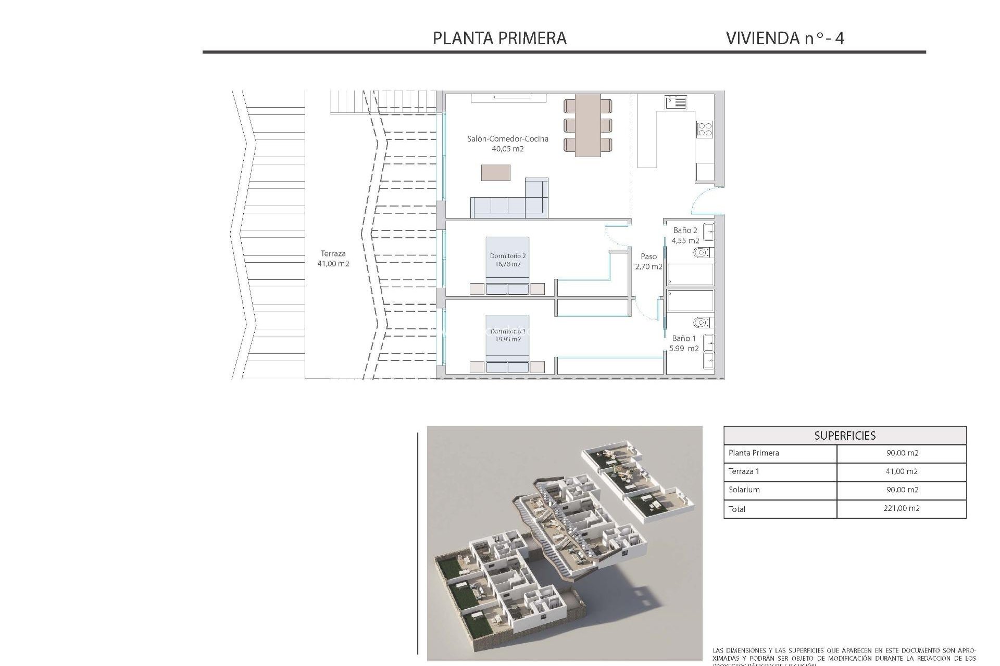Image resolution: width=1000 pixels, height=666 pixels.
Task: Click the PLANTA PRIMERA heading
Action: click(x=499, y=38)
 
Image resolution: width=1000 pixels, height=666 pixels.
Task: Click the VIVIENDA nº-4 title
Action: click(x=784, y=38)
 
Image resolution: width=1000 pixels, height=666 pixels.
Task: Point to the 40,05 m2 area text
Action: click(x=507, y=149)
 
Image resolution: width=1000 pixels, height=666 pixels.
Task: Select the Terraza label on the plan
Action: click(x=333, y=253)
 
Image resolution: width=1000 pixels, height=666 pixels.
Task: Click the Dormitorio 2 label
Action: click(x=507, y=255)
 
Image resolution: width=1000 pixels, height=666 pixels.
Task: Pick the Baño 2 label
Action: click(x=684, y=230)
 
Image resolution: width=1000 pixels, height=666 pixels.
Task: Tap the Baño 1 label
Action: click(x=683, y=338)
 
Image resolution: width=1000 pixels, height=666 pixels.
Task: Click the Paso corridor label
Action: click(x=648, y=257)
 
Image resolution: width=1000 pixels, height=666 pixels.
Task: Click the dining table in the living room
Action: click(x=587, y=125)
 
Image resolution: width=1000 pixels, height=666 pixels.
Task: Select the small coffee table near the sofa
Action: click(x=495, y=172)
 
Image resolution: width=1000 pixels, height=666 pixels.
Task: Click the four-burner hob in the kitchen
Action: click(x=705, y=129)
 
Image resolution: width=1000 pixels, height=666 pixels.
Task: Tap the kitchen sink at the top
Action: click(x=676, y=101)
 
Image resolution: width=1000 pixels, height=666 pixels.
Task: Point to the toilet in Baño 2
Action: click(x=701, y=253)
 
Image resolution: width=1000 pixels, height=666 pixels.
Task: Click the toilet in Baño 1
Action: click(x=701, y=323)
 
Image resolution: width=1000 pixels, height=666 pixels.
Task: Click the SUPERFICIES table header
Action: click(x=844, y=436)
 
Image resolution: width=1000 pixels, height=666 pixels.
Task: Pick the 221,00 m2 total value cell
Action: click(x=901, y=508)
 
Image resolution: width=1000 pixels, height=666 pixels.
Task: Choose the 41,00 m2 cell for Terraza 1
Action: click(x=902, y=471)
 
